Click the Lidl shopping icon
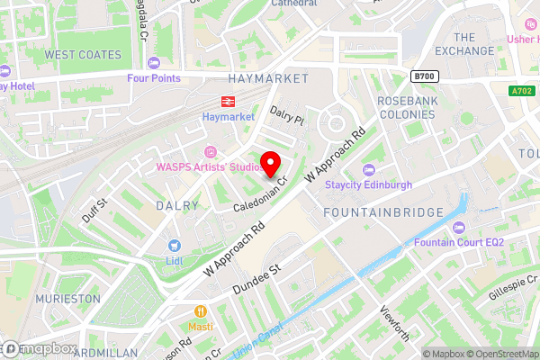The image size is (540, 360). (x=174, y=245)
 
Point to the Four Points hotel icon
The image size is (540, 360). (x=152, y=62)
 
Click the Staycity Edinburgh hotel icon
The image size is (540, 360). (x=367, y=169)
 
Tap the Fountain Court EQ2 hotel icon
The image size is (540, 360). (x=459, y=227)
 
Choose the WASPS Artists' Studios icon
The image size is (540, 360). (x=212, y=150)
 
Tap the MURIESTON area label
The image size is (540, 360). (x=68, y=297)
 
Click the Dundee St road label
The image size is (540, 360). (x=257, y=277)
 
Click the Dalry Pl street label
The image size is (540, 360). (x=288, y=114)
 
